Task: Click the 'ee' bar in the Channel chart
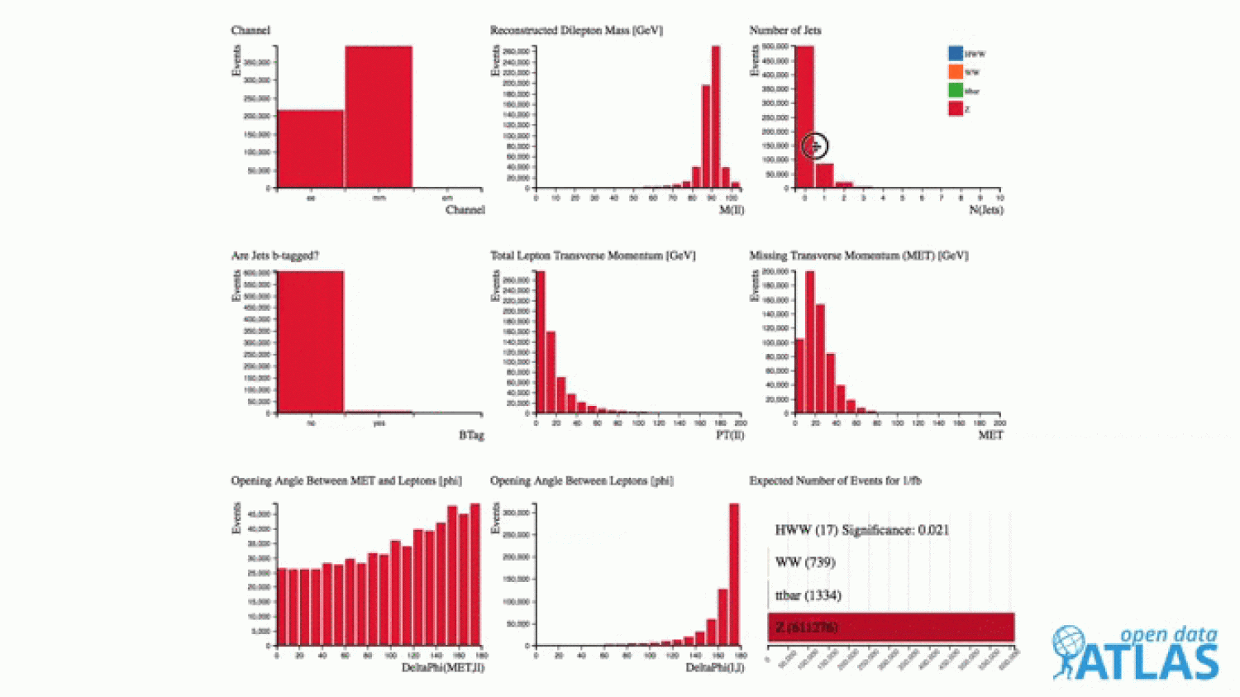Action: pyautogui.click(x=310, y=149)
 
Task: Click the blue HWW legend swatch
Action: pyautogui.click(x=956, y=53)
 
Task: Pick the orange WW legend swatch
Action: pyautogui.click(x=956, y=72)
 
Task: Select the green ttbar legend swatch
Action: pyautogui.click(x=956, y=90)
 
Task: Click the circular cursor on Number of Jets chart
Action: pyautogui.click(x=815, y=146)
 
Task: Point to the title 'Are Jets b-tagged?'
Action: pyautogui.click(x=275, y=255)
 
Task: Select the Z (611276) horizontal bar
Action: pyautogui.click(x=890, y=628)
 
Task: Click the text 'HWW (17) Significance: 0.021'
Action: pyautogui.click(x=861, y=530)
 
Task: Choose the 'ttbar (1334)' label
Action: pyautogui.click(x=808, y=595)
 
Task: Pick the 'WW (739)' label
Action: pyautogui.click(x=804, y=562)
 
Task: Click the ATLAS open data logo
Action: pyautogui.click(x=1136, y=653)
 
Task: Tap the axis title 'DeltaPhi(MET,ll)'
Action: pyautogui.click(x=442, y=667)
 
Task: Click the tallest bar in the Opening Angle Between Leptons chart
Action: pyautogui.click(x=733, y=575)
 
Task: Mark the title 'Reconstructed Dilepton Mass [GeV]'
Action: pyautogui.click(x=576, y=31)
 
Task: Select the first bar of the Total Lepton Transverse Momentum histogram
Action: pyautogui.click(x=541, y=341)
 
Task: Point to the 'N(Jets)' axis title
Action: pyautogui.click(x=985, y=210)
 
